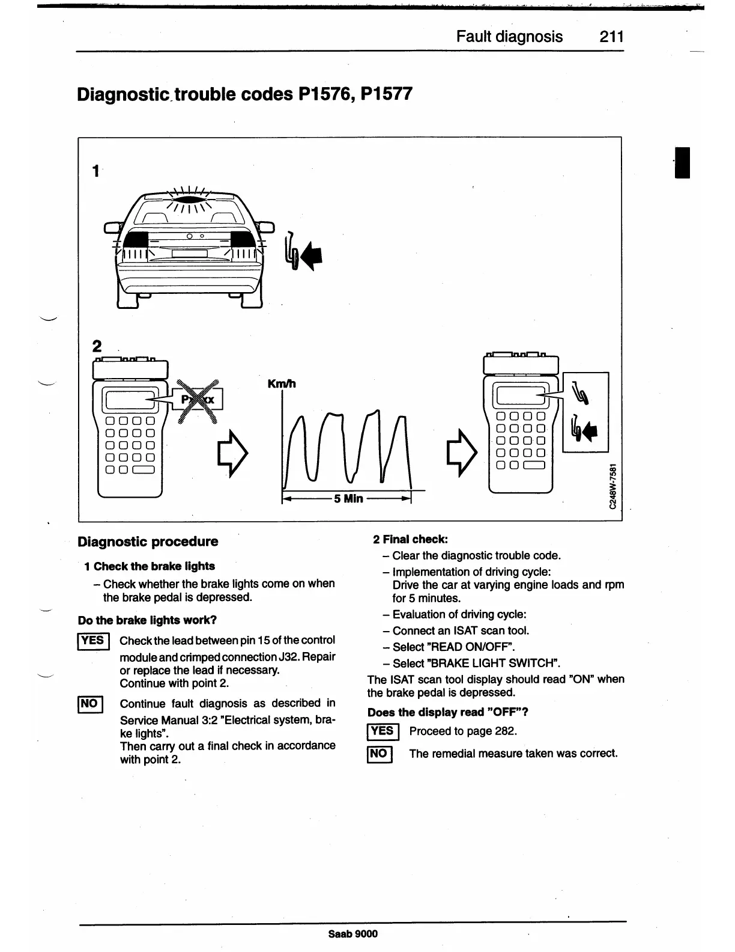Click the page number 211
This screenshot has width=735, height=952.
coord(611,37)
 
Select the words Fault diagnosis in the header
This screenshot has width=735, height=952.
coord(509,37)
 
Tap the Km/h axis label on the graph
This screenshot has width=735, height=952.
coord(281,384)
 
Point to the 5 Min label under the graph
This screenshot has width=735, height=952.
coord(348,498)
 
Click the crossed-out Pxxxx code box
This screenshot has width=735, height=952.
coord(198,400)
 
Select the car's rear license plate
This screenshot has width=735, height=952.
coord(189,254)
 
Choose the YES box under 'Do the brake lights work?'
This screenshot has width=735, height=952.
coord(92,641)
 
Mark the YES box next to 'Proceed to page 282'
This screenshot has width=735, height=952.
coord(381,731)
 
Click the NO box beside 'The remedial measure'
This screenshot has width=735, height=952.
coord(379,754)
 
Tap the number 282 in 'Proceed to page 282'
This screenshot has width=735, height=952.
coord(506,731)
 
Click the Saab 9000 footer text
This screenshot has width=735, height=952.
coord(353,933)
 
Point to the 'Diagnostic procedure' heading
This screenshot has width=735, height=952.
coord(148,542)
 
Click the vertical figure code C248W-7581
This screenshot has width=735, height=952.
coord(612,487)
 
